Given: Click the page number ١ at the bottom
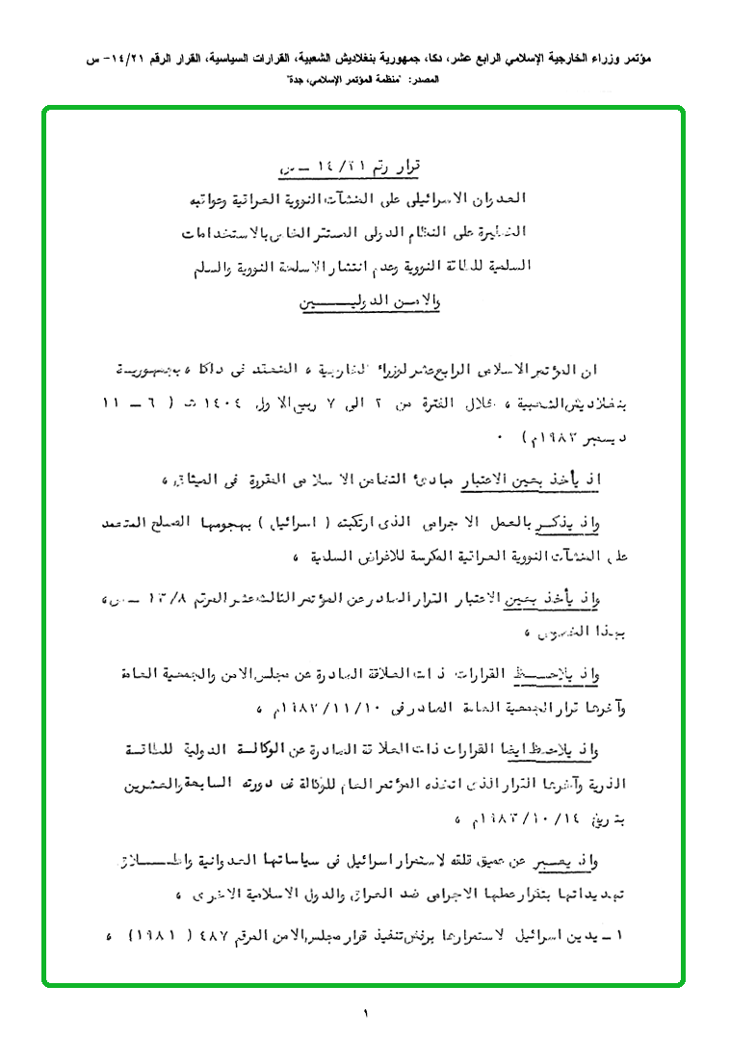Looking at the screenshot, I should coord(366,1012).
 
